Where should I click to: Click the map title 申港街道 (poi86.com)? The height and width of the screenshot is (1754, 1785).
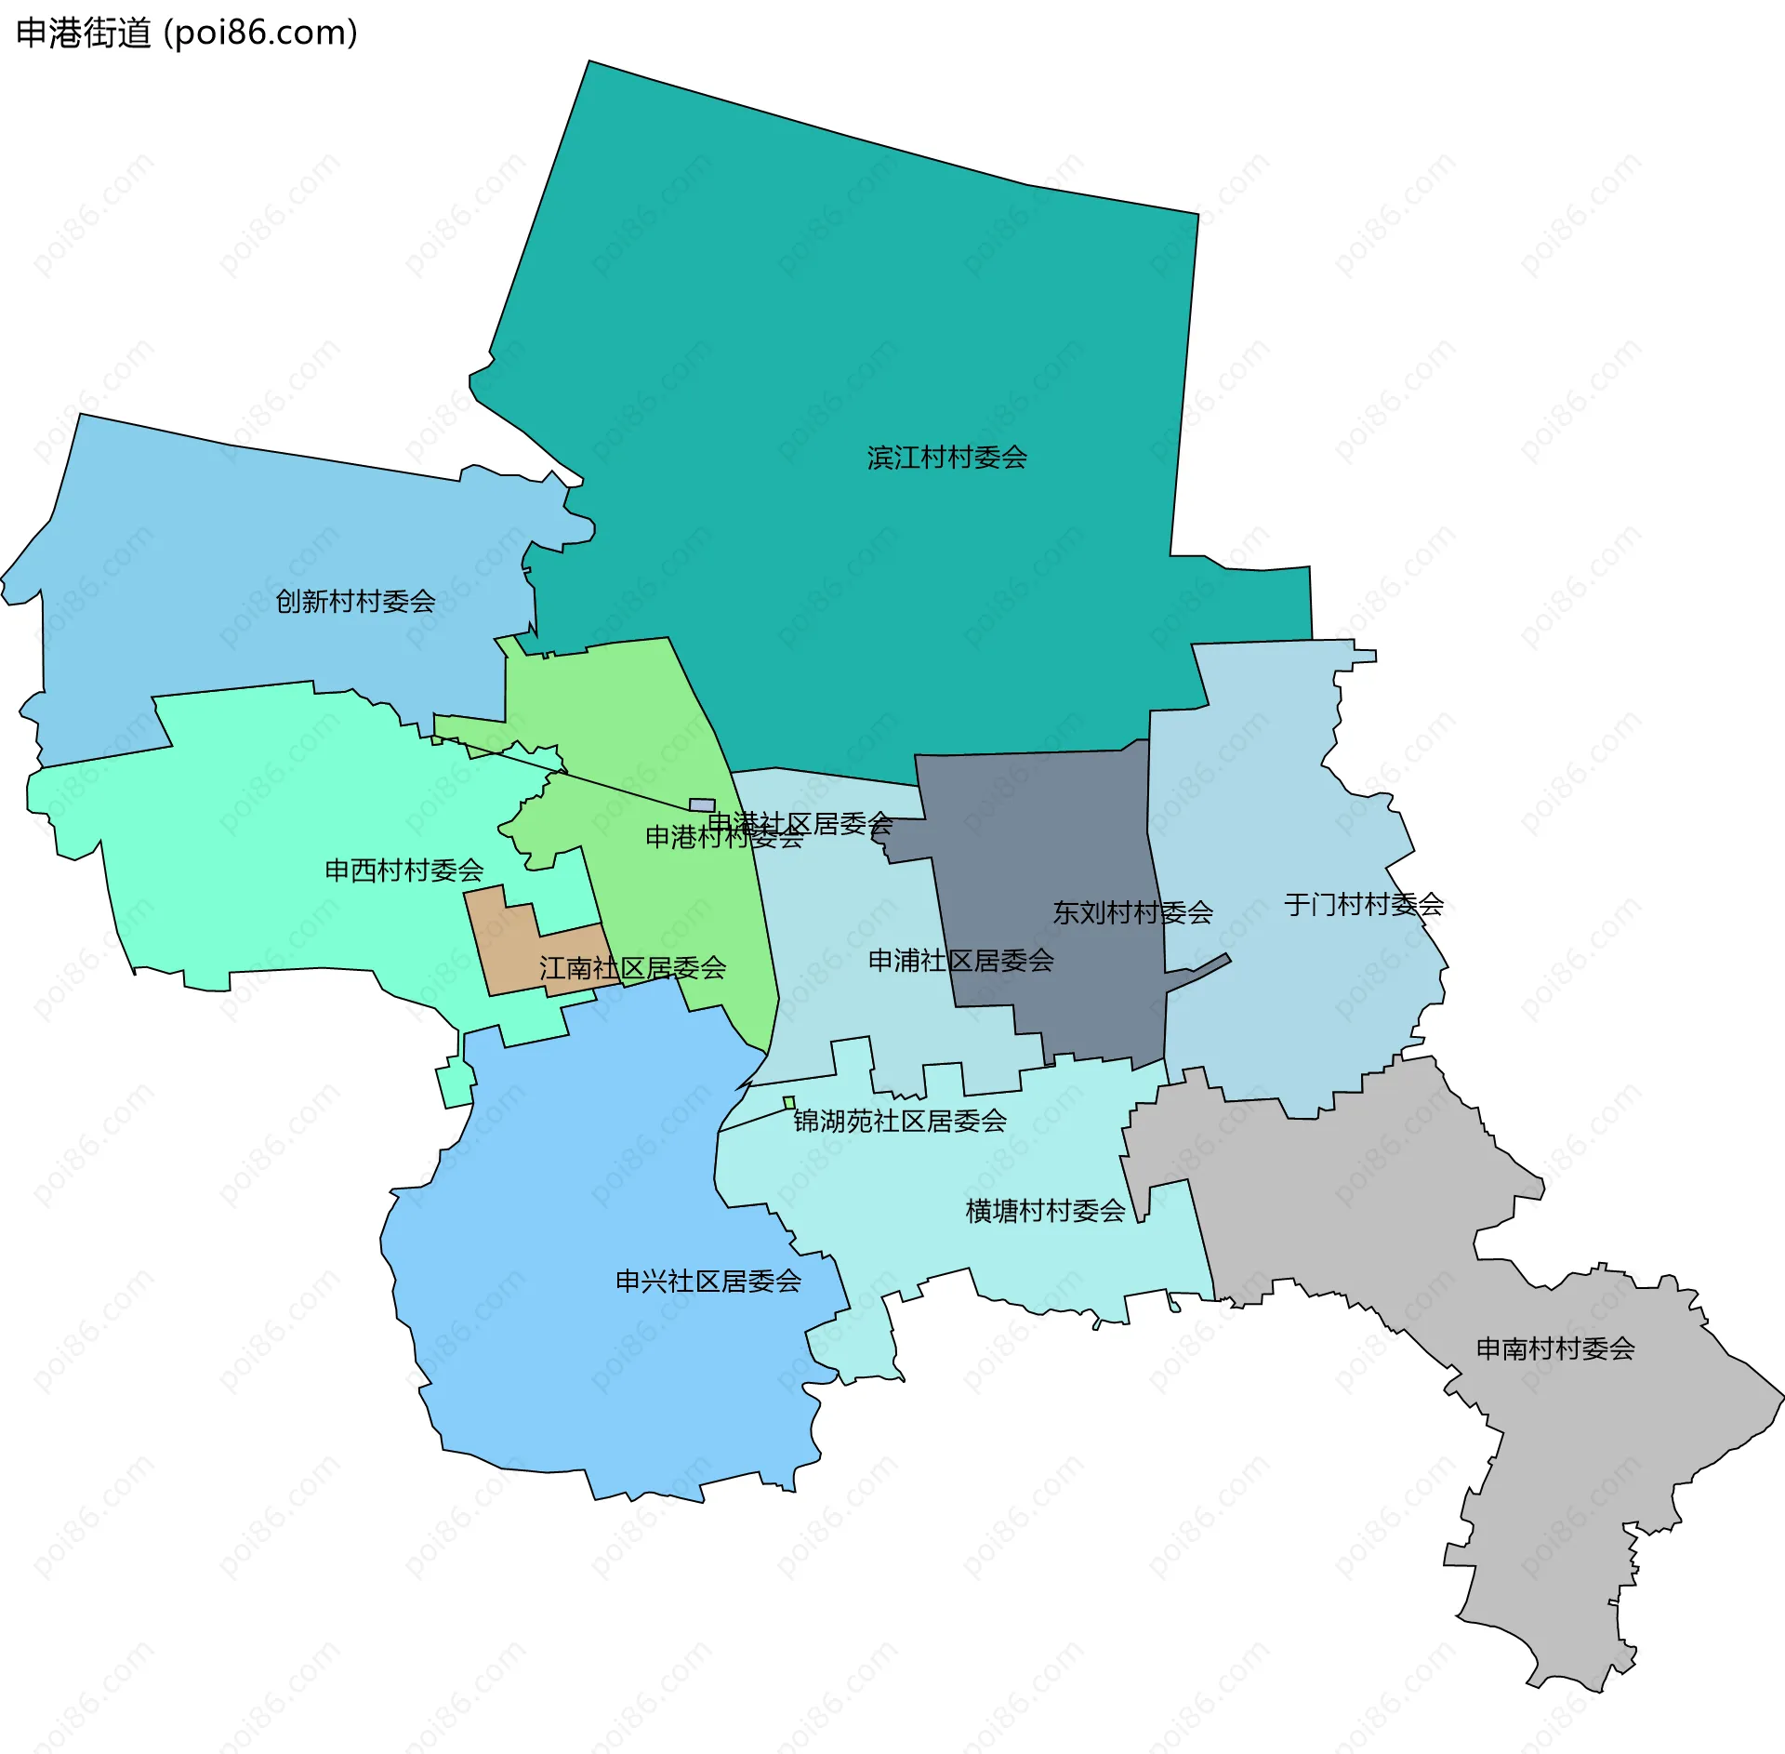pos(187,33)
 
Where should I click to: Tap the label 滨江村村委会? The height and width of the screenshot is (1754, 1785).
pos(946,458)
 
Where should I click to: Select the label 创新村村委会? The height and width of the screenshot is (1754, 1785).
pos(355,602)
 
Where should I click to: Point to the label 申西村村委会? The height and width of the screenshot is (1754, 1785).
pos(403,870)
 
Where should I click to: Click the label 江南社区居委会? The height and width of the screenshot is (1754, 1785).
pos(632,968)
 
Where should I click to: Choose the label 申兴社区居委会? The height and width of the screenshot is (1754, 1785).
pos(708,1282)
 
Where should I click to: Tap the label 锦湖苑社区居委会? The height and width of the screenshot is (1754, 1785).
pos(900,1121)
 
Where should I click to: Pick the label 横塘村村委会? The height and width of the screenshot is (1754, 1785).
pos(1045,1211)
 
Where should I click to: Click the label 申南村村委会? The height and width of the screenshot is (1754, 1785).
pos(1555,1349)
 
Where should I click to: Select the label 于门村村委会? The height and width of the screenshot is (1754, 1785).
pos(1363,904)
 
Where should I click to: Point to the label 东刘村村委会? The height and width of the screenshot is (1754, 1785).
pos(1132,912)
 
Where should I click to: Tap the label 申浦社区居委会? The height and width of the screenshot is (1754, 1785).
pos(960,961)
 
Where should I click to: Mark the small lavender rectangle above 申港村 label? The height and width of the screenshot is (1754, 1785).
pos(702,804)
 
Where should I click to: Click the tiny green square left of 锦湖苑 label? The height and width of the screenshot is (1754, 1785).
pos(789,1103)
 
